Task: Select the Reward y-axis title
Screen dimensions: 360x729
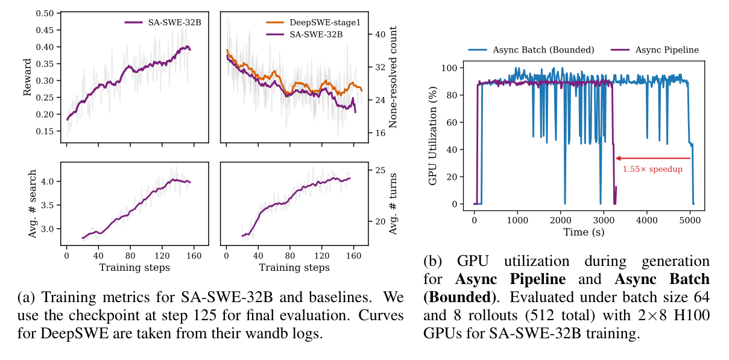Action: [x=28, y=77]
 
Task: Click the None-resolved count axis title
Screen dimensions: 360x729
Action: [x=393, y=77]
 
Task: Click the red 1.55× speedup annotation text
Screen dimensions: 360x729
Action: [x=652, y=169]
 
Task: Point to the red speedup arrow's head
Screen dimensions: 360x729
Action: [x=617, y=159]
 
